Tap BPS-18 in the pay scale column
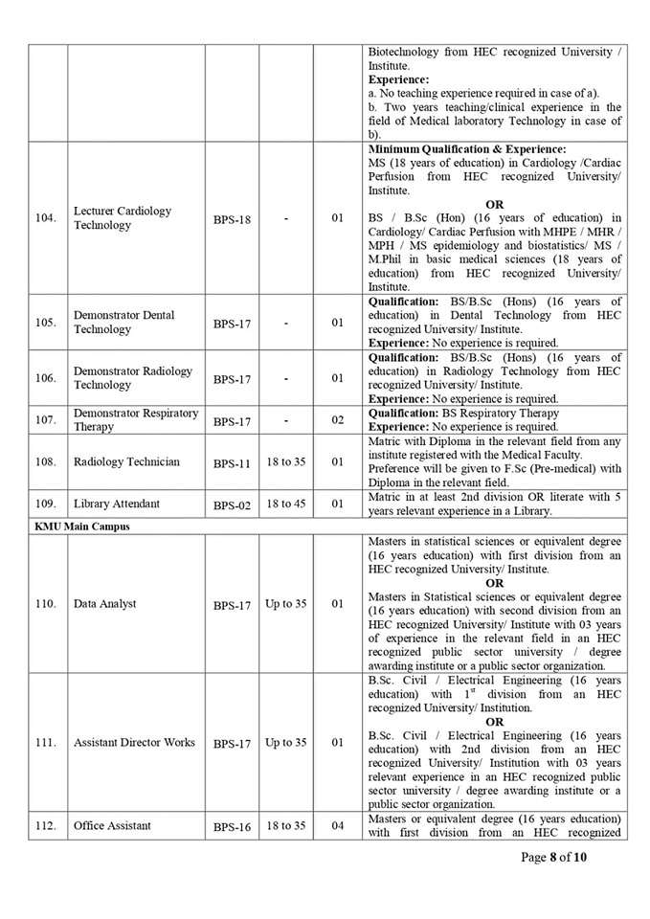(x=232, y=219)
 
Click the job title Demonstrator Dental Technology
(x=123, y=323)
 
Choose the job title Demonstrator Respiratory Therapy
(x=136, y=419)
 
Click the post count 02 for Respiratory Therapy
(x=337, y=420)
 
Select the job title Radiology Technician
(x=126, y=462)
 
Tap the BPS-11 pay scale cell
(x=232, y=463)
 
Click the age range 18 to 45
(x=285, y=504)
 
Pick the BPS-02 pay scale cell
(x=232, y=504)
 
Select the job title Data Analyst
(x=105, y=604)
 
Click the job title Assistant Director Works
(x=134, y=743)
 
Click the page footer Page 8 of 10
(x=554, y=857)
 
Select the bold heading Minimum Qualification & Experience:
(x=467, y=149)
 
